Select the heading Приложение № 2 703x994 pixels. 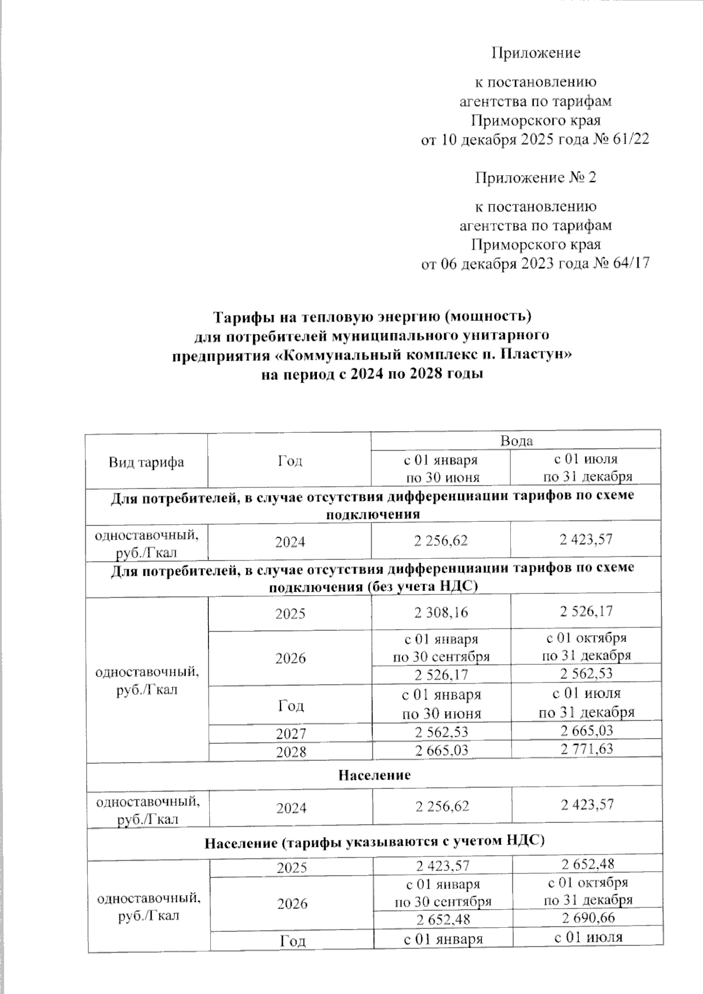[535, 177]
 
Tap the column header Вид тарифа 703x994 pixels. [146, 462]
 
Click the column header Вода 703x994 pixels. [516, 440]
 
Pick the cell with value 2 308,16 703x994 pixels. [441, 613]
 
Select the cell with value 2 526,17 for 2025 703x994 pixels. [586, 612]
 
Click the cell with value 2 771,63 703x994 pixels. [586, 749]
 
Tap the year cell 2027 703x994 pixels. [291, 733]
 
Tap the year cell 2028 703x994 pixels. [291, 751]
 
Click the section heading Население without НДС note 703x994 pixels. [375, 775]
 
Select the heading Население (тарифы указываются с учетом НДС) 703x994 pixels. [375, 842]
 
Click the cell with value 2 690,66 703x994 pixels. [588, 917]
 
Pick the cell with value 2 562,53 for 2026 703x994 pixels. [586, 674]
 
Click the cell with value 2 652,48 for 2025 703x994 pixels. [588, 863]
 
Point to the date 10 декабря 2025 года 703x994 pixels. [510, 139]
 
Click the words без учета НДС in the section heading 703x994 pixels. [422, 587]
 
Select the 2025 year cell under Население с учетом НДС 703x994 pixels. [291, 867]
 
